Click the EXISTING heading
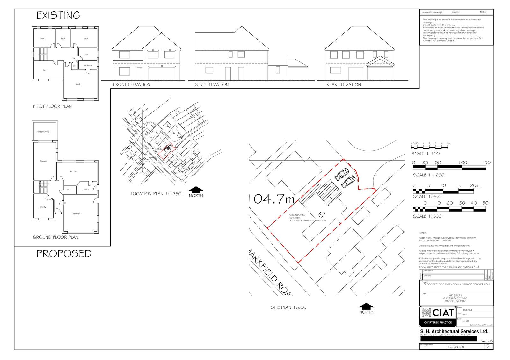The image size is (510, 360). click(58, 15)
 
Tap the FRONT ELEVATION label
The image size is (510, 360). click(131, 85)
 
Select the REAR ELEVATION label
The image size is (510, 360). click(344, 85)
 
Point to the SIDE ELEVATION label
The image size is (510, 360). click(212, 85)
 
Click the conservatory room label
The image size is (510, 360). click(43, 132)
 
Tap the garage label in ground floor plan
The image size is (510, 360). click(76, 213)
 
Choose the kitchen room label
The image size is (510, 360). click(74, 171)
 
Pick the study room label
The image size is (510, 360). click(43, 207)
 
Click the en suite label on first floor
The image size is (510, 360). click(88, 66)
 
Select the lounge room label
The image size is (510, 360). click(44, 161)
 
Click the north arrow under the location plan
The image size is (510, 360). click(196, 190)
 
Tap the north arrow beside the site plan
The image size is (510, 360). click(366, 306)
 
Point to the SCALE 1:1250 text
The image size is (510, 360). click(428, 175)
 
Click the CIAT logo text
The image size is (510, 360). click(443, 313)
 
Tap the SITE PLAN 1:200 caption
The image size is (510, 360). click(288, 307)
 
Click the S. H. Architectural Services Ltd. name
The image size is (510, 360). click(454, 331)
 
